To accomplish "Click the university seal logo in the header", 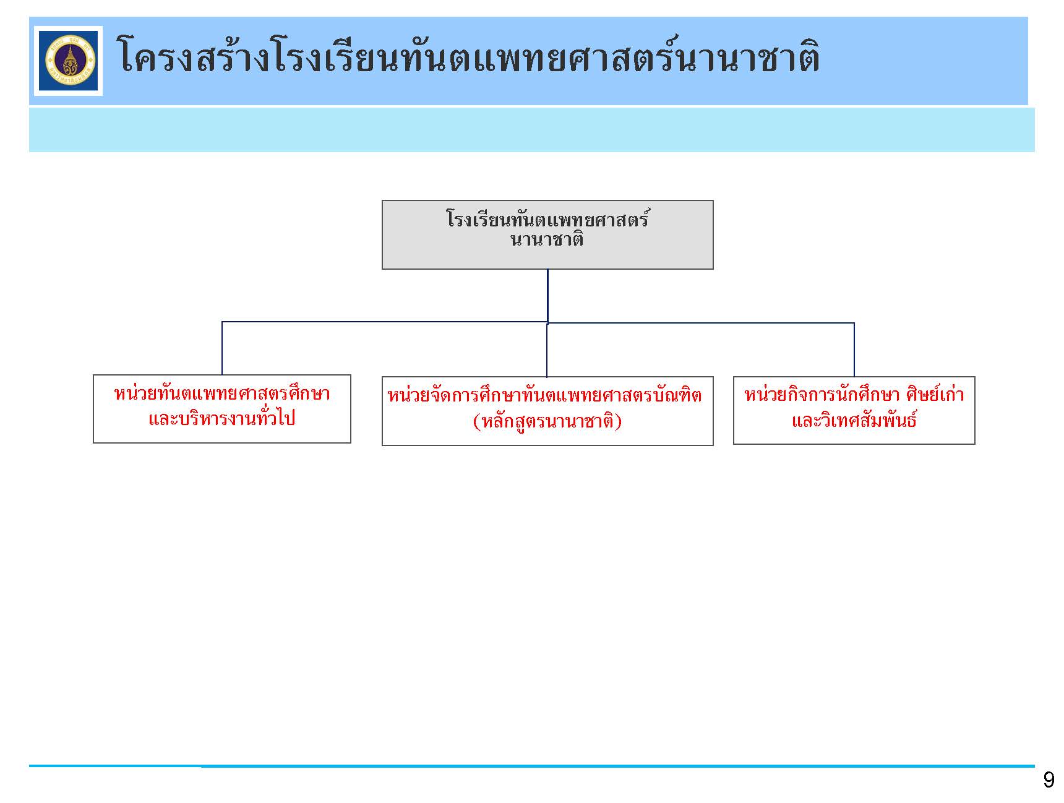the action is click(68, 61).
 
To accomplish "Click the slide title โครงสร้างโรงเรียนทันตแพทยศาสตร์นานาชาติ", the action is click(468, 57).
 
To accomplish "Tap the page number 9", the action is click(1049, 779).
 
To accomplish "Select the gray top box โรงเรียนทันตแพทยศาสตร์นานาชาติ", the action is click(547, 234).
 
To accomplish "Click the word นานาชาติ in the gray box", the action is click(547, 239).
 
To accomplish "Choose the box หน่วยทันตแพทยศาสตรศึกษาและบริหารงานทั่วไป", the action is click(222, 409).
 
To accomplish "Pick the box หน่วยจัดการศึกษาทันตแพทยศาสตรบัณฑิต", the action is click(547, 411).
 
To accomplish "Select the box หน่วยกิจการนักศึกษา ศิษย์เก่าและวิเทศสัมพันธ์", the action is click(854, 410).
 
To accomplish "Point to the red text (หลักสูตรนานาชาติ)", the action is click(547, 421).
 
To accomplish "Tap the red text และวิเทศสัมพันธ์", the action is click(854, 420).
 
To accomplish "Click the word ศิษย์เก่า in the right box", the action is click(935, 394).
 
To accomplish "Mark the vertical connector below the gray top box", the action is click(547, 296).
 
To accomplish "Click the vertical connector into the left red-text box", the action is click(222, 348).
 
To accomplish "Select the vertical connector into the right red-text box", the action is click(854, 350).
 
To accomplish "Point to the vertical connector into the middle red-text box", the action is click(547, 350).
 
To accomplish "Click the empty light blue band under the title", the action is click(532, 130).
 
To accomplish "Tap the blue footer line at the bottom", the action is click(532, 766).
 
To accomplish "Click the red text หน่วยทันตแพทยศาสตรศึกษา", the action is click(222, 393).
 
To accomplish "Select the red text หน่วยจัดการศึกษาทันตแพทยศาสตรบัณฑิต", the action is click(545, 395).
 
